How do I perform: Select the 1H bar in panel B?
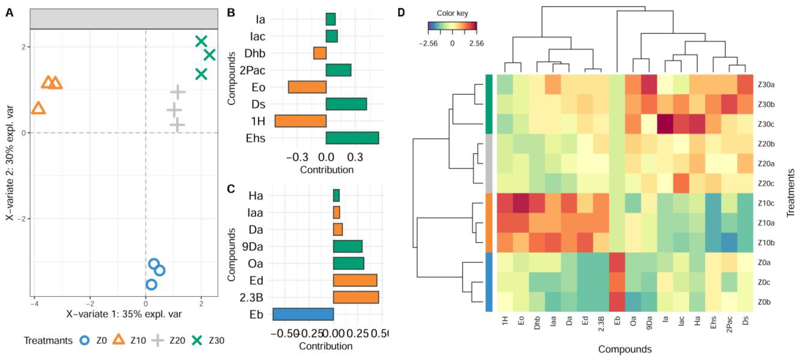[x=300, y=121]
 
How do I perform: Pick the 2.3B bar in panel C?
[x=356, y=297]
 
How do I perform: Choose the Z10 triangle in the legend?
[x=118, y=340]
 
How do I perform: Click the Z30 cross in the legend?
[x=197, y=340]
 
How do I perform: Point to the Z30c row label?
[x=766, y=124]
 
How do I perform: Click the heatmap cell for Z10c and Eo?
[x=521, y=203]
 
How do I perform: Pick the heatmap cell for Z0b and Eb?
[x=617, y=302]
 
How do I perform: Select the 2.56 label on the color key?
[x=476, y=43]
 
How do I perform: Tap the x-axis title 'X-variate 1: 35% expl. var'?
[x=124, y=314]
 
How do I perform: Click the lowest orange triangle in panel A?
[x=38, y=108]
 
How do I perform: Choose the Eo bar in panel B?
[x=307, y=87]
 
